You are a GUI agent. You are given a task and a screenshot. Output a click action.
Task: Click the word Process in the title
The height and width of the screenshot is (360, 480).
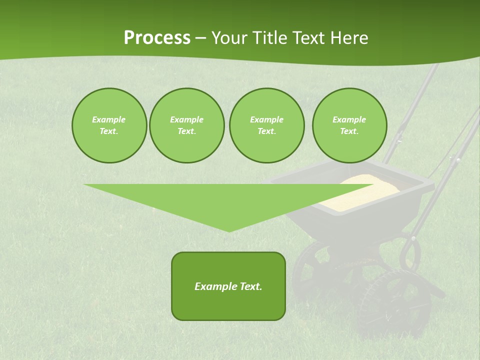point(157,38)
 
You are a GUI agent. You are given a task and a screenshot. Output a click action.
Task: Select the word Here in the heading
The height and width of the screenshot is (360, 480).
point(348,38)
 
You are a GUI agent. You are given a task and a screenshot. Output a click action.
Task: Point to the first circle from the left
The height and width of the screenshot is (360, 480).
point(109,125)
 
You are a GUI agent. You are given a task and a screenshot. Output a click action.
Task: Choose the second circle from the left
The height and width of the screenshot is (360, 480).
point(187,125)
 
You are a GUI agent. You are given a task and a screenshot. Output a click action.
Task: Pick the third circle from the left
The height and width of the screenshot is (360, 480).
point(267,125)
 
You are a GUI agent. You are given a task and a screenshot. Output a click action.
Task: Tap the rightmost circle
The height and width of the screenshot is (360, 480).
point(349,125)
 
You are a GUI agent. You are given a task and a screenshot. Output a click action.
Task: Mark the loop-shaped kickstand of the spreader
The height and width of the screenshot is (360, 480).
point(410,252)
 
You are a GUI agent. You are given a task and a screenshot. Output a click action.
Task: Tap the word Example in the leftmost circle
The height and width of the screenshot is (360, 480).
point(109,119)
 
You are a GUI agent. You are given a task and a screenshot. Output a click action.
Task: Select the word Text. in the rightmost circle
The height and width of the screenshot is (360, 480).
point(349,131)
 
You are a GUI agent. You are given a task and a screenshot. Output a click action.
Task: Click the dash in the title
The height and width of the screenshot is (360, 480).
point(201,38)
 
